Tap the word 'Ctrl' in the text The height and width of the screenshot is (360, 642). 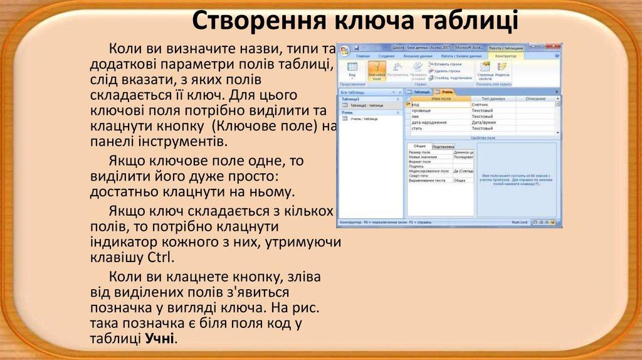pos(160,258)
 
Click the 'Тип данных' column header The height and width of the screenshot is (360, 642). pos(493,99)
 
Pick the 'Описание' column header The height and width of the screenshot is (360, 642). pos(535,99)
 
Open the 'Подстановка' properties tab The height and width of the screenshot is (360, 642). pos(443,146)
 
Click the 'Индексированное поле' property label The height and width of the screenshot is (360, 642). pos(429,171)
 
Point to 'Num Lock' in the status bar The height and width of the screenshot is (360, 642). pos(520,222)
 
